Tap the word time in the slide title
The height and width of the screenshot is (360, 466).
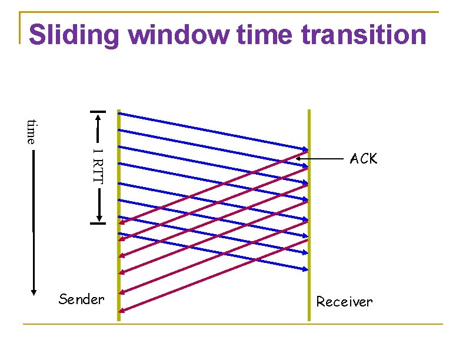click(x=265, y=35)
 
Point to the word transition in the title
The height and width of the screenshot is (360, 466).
click(x=363, y=35)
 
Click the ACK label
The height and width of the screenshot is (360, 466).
click(x=364, y=159)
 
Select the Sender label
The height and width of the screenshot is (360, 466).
click(x=81, y=299)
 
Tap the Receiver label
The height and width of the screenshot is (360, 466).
click(x=344, y=302)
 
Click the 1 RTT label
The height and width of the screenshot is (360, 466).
click(x=98, y=166)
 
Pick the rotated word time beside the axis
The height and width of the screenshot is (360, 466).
click(x=32, y=131)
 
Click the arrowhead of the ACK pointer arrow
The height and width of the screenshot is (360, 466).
click(x=298, y=158)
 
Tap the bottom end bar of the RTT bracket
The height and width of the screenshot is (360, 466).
click(x=98, y=223)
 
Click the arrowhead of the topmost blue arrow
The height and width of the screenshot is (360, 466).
click(x=306, y=149)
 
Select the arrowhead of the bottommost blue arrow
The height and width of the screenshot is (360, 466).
click(x=306, y=269)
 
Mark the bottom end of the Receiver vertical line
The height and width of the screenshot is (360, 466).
click(x=308, y=320)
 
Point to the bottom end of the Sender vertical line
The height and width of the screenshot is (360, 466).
click(x=118, y=320)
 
